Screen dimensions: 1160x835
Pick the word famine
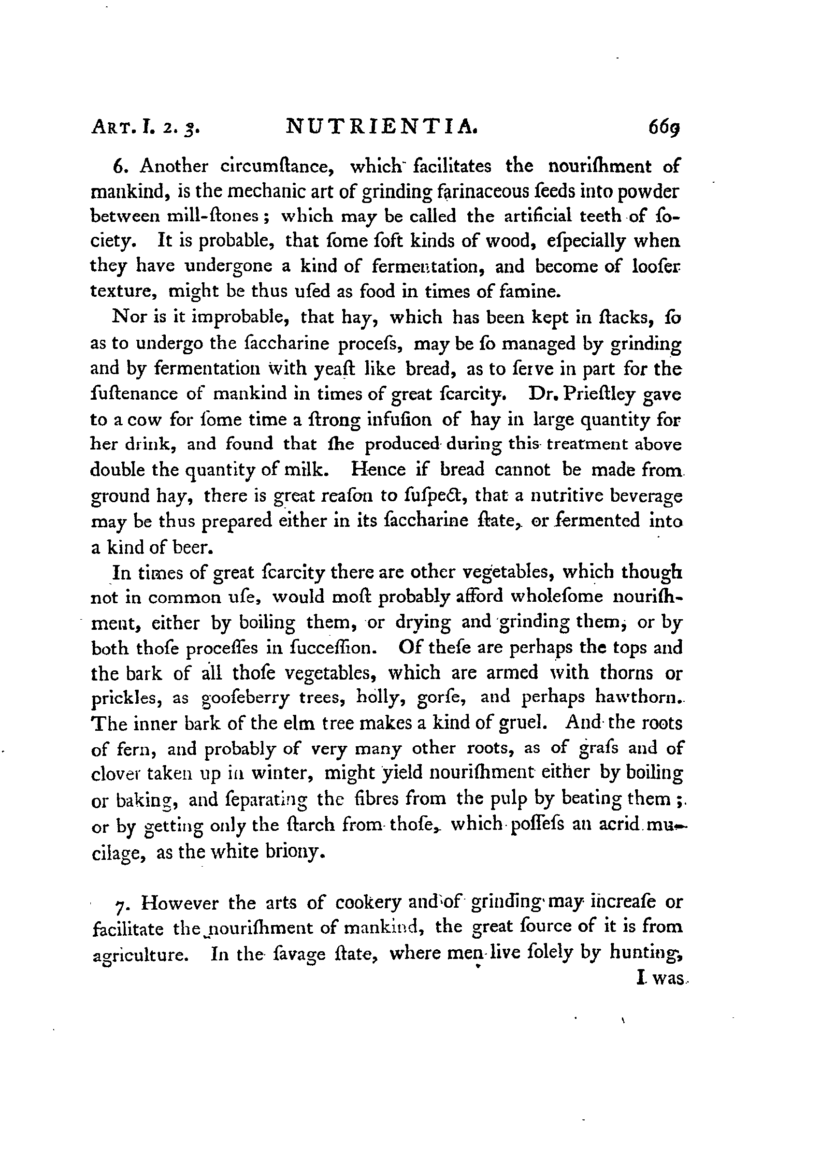pos(532,291)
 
